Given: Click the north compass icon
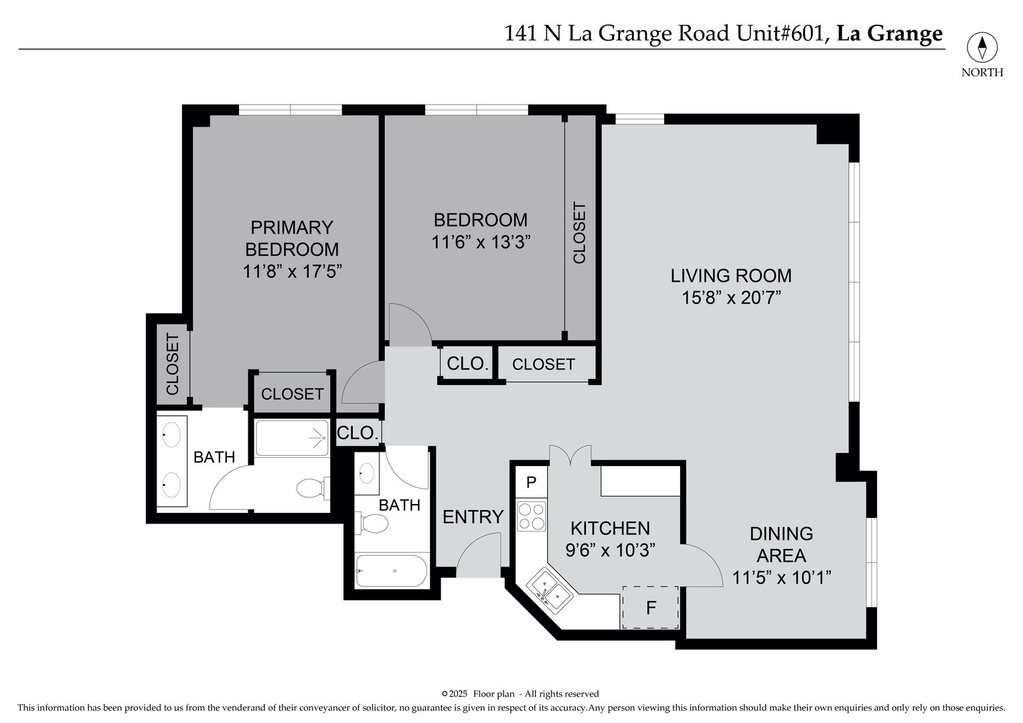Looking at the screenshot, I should [981, 48].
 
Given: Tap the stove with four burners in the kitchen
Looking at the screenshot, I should [532, 516].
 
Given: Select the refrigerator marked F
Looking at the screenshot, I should [650, 608].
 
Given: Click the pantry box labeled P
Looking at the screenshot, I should [532, 482].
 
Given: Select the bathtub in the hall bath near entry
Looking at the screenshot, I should [391, 571].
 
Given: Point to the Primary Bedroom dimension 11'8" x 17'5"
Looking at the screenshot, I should [292, 271].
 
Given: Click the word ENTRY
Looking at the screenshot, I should [473, 517].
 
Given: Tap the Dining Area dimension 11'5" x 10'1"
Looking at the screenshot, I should [781, 577].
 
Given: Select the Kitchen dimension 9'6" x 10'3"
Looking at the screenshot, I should [610, 550].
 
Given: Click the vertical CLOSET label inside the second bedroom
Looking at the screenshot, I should [579, 233].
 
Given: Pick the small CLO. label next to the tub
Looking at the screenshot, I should [358, 433].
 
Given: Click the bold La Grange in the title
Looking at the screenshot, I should [890, 33].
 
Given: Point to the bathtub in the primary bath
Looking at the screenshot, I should [292, 438].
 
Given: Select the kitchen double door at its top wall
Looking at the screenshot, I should [570, 455].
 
